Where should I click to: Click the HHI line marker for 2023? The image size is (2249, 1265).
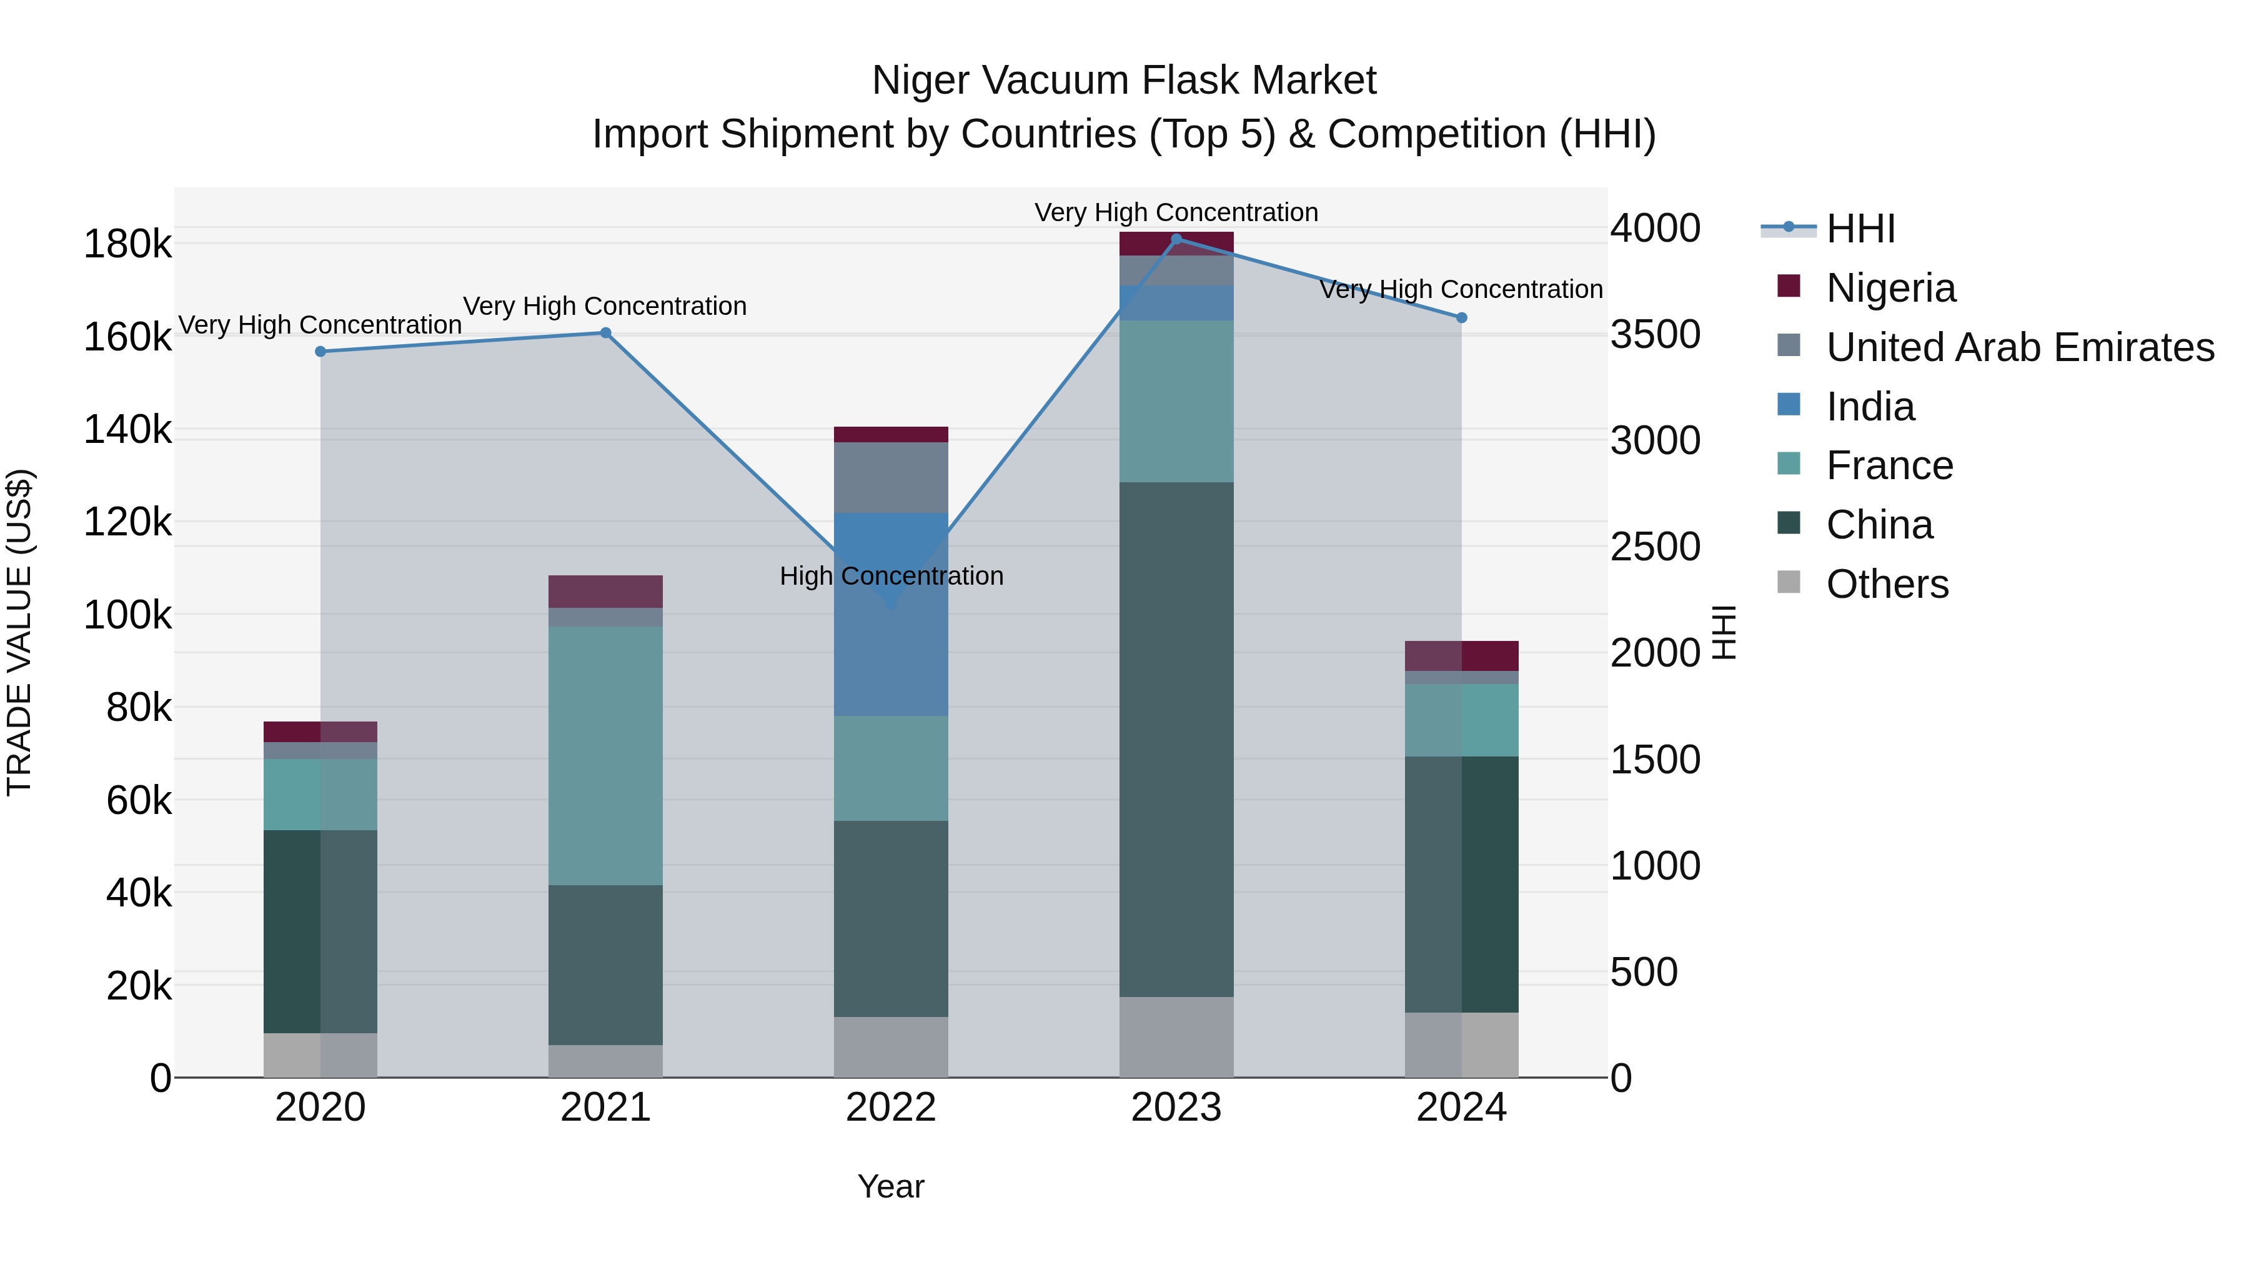(x=1176, y=239)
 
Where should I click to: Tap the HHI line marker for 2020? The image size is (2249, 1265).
(x=320, y=352)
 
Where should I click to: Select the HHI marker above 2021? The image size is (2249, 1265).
(x=606, y=332)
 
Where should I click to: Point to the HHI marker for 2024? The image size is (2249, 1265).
(x=1461, y=318)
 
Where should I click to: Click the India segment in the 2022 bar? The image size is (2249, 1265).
(x=890, y=646)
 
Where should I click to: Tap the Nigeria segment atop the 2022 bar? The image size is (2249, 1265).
(x=890, y=435)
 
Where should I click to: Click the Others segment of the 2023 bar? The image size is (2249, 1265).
(x=1176, y=1036)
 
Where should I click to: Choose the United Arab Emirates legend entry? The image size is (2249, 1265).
(x=2019, y=347)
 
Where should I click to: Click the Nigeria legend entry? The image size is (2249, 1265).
(x=1890, y=288)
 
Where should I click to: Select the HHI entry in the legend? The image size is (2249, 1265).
(x=1860, y=229)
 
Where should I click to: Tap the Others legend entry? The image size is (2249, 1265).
(x=1887, y=584)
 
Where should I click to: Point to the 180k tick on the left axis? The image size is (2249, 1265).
(x=127, y=244)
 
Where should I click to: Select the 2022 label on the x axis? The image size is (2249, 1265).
(x=890, y=1108)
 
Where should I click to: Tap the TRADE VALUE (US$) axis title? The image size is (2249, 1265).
(x=20, y=632)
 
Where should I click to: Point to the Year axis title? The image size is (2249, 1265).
(x=890, y=1186)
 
